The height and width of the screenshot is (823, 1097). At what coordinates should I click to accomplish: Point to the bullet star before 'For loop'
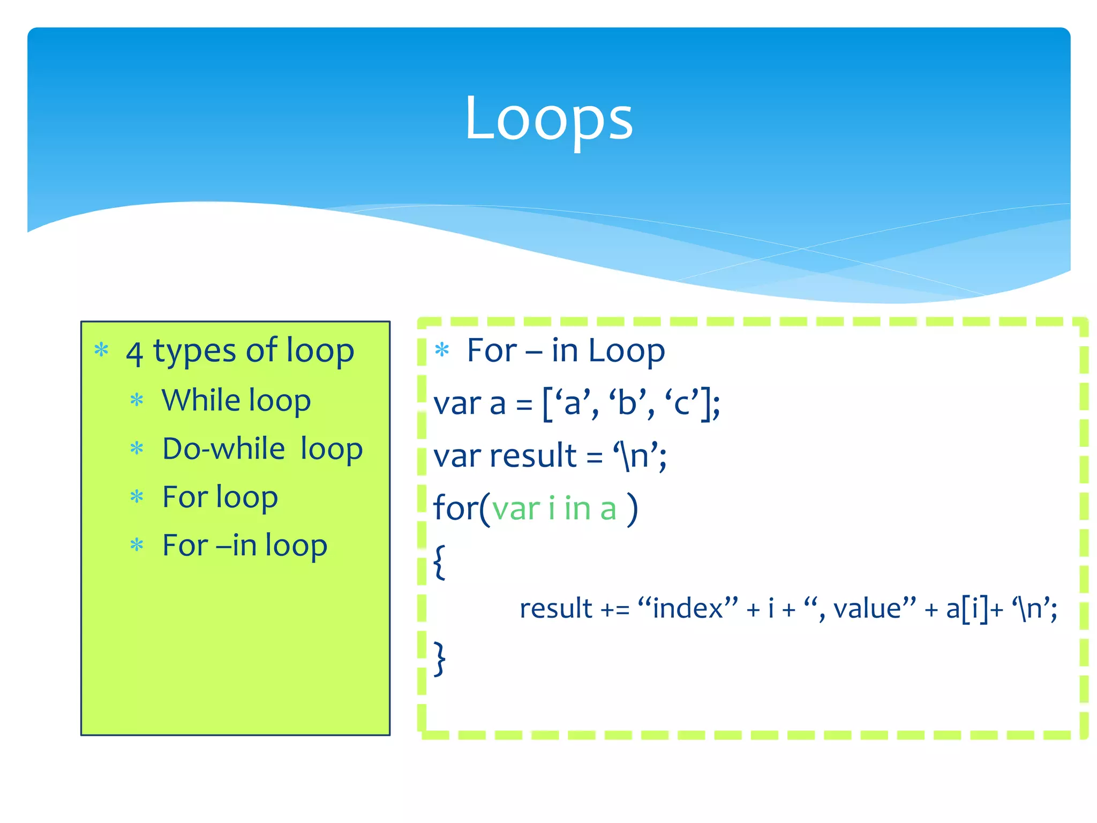point(137,497)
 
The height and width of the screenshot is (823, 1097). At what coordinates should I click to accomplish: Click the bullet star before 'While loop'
point(137,400)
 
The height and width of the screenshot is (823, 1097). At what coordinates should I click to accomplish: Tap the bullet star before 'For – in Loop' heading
point(442,350)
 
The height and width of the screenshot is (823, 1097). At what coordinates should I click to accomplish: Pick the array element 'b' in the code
point(627,403)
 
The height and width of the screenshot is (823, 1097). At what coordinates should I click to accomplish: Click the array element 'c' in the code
point(682,403)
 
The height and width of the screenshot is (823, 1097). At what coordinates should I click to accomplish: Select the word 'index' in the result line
point(688,609)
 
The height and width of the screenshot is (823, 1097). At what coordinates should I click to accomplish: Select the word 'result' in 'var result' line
point(532,456)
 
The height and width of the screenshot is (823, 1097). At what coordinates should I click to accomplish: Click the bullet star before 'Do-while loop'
point(137,448)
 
